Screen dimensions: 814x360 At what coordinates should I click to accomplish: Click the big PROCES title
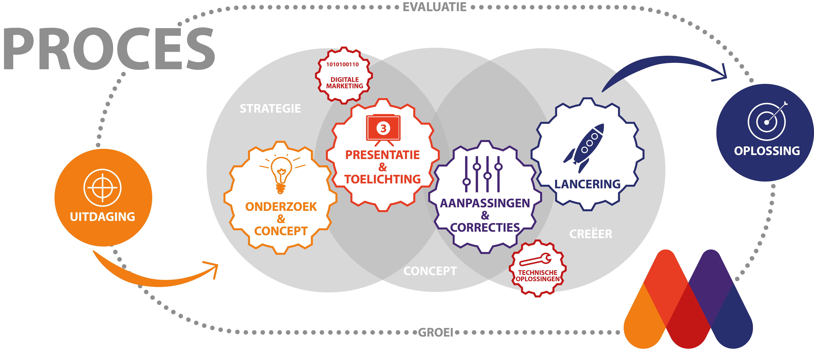pyautogui.click(x=109, y=49)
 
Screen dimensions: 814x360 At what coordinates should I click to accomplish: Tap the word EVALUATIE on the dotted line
pyautogui.click(x=434, y=7)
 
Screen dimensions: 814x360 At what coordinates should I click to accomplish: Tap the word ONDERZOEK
pyautogui.click(x=281, y=207)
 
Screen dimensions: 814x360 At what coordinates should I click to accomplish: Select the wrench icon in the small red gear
pyautogui.click(x=535, y=259)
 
